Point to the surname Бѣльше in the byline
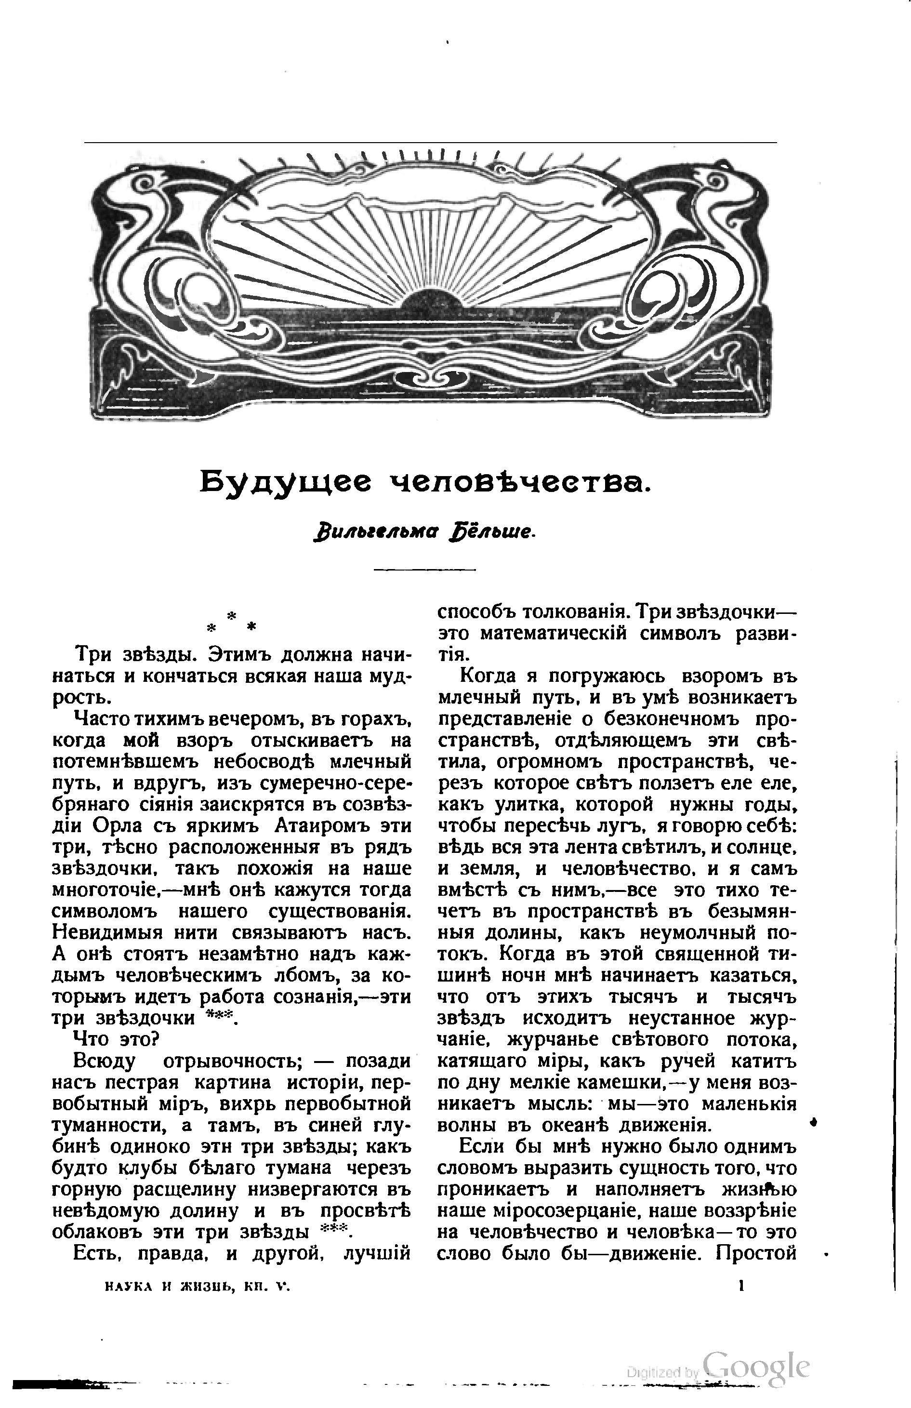(x=503, y=531)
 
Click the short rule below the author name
(x=425, y=569)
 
